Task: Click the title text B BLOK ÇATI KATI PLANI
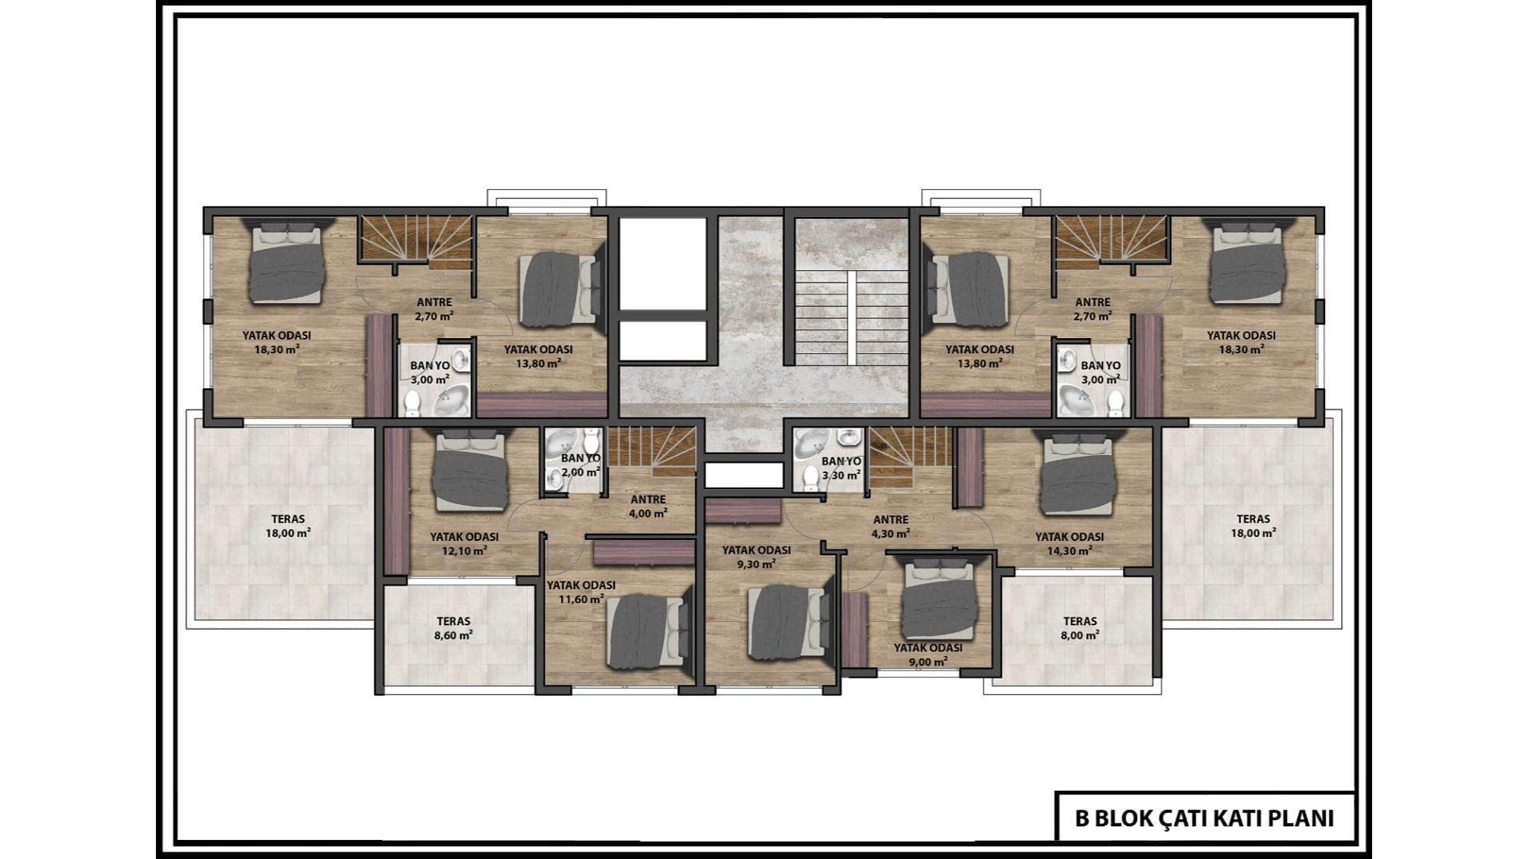1204,818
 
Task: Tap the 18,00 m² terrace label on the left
287,527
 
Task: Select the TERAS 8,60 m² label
454,628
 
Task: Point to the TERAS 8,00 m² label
1080,628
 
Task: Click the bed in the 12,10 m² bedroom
470,469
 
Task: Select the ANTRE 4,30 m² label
891,527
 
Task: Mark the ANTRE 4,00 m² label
648,506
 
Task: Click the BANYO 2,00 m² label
580,465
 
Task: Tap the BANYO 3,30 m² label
841,468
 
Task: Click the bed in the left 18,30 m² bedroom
286,260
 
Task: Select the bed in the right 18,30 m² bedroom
1246,260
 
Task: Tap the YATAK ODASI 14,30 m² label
1070,543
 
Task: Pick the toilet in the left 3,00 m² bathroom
412,404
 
